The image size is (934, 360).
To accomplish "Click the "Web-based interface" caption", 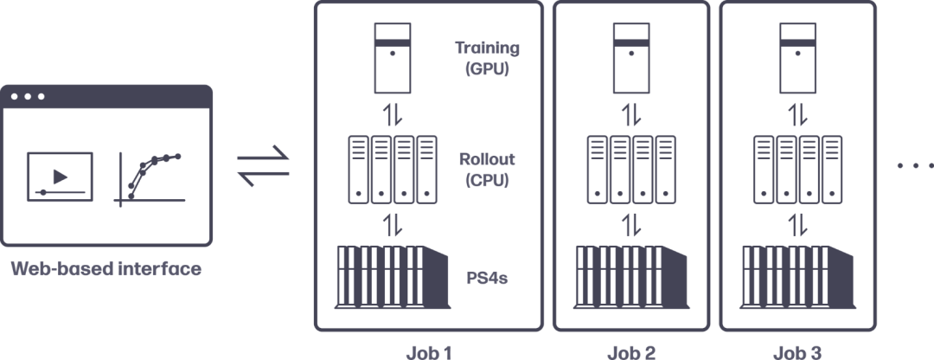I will (106, 270).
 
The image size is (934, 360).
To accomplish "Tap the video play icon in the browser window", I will (60, 176).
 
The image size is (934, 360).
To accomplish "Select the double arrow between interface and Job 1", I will (264, 167).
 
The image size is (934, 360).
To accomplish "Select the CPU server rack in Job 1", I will (392, 169).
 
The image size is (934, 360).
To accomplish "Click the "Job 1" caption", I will (429, 352).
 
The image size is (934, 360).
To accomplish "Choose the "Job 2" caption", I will (630, 352).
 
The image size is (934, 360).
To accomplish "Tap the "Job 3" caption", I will (798, 352).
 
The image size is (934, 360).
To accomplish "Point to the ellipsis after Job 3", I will (912, 165).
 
